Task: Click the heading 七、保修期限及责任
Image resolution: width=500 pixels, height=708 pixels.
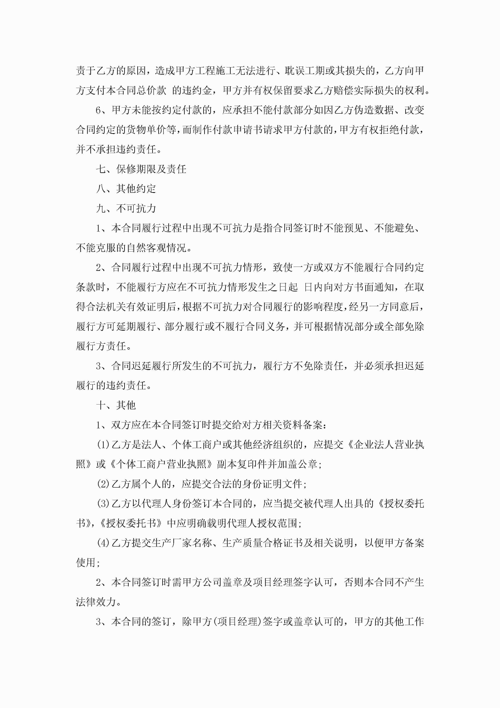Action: pos(141,169)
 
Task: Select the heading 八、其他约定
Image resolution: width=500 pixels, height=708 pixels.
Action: pos(126,189)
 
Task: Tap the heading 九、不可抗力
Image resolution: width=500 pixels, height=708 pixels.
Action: pos(126,208)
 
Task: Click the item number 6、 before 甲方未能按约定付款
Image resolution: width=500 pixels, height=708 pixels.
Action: pos(103,110)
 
